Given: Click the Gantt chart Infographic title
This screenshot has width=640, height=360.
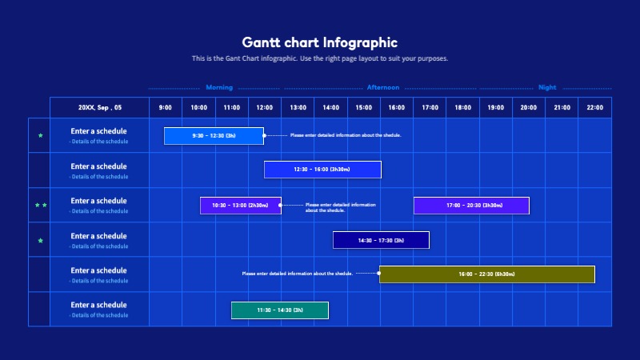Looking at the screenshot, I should pos(319,42).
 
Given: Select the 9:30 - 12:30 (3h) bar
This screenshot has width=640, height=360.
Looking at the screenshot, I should pos(214,136).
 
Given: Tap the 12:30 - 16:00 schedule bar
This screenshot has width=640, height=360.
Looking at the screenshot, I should pos(322,170).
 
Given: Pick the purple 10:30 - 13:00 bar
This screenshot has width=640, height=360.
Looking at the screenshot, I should pos(240,206).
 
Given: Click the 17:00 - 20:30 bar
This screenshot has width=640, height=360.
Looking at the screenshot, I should pos(471,206).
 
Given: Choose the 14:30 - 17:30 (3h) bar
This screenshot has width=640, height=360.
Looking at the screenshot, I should pos(381,240).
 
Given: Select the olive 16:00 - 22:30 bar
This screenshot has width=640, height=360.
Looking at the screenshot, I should pos(486,274).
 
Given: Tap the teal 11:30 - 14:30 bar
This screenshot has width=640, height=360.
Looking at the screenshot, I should pos(280,310).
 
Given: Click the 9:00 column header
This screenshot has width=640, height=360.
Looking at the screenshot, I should pos(166,107).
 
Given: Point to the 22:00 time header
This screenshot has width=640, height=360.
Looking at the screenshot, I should pos(594,107).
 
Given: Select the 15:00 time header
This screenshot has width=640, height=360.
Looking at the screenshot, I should pos(364,107).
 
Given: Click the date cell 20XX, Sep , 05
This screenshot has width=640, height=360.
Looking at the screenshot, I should pos(100,107).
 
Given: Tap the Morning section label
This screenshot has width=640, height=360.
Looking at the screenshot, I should pos(219,87).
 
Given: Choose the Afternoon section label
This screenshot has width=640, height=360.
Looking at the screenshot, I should pos(382,87).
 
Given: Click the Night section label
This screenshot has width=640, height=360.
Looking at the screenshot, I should pos(547,87).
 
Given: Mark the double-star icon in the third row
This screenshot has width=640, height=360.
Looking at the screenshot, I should pos(41,206).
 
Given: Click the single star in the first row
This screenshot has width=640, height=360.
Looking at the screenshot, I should pos(41,136).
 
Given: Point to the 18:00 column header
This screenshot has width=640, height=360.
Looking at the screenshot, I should pos(462,107).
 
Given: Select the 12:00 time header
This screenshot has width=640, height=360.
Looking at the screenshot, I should pos(265,107).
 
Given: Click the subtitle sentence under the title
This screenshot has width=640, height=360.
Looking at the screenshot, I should pos(319,58).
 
